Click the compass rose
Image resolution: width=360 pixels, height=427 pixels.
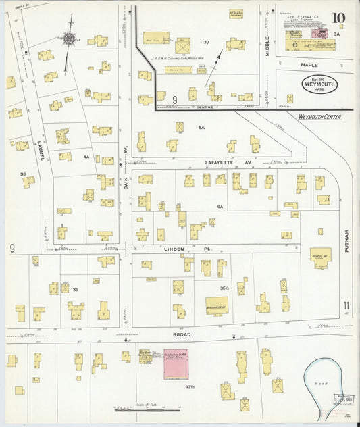(x=68, y=39)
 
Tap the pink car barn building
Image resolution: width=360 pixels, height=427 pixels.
(x=177, y=365)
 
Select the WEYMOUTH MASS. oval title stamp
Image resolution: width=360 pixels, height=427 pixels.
(x=319, y=84)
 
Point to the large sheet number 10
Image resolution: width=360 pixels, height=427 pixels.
(x=338, y=18)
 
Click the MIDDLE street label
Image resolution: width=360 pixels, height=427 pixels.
(x=267, y=41)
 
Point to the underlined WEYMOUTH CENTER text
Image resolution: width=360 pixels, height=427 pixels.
(x=319, y=116)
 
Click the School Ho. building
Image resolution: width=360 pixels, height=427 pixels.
(x=320, y=257)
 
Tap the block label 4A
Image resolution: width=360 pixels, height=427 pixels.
(x=86, y=157)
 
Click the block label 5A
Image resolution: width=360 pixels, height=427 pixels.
(x=201, y=127)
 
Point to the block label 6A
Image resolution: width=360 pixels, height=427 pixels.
(x=220, y=205)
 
